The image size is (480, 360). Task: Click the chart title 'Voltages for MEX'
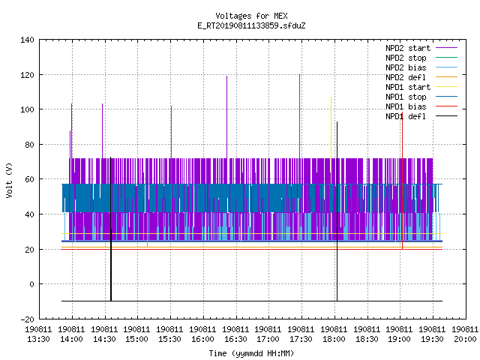click(x=251, y=16)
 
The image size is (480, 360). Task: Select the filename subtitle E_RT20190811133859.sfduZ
click(x=251, y=25)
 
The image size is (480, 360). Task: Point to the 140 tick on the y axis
click(x=27, y=40)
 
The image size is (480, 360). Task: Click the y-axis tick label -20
click(x=27, y=319)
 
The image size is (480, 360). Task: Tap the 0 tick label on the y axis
click(x=31, y=284)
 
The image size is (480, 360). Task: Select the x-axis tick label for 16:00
click(x=202, y=334)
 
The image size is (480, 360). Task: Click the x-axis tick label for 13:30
click(x=38, y=334)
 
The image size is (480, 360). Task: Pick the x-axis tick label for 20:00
click(x=465, y=334)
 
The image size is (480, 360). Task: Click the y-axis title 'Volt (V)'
click(x=10, y=180)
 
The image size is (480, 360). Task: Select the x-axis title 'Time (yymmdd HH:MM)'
click(x=251, y=353)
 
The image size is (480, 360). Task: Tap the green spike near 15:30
click(x=171, y=132)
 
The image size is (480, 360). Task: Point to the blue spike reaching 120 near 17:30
click(x=300, y=116)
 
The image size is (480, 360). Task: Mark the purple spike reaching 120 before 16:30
click(x=226, y=117)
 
